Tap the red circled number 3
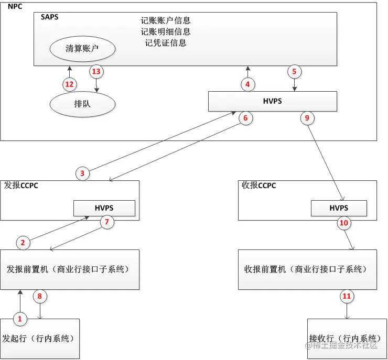[x=82, y=172]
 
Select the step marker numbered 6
[x=245, y=118]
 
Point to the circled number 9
[x=307, y=118]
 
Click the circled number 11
[x=346, y=296]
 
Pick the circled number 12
[x=68, y=84]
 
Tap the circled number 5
[x=294, y=71]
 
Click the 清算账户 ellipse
[x=82, y=49]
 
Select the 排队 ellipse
[x=82, y=104]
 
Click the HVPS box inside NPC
[x=272, y=101]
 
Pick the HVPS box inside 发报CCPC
[x=104, y=208]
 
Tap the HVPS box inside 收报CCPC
[x=339, y=208]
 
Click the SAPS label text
[x=49, y=17]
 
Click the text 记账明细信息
[x=166, y=32]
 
